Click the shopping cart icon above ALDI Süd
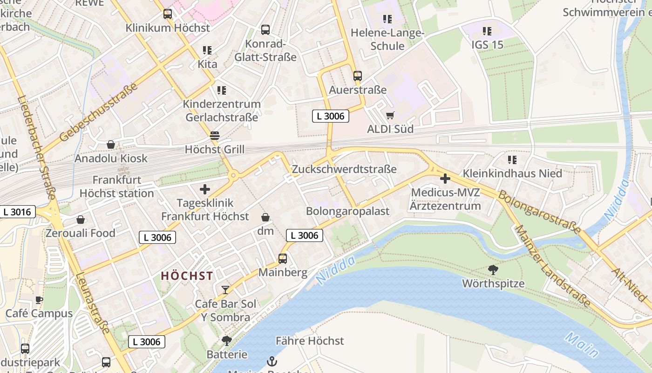390,115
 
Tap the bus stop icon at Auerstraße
357,76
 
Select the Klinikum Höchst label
168,28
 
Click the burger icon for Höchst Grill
214,136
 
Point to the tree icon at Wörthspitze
493,269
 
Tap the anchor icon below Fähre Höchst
271,361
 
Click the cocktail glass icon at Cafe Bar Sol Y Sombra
225,290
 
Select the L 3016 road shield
17,212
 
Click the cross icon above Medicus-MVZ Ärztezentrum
445,178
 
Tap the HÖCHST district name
187,276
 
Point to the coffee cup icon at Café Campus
39,300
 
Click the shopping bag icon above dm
265,217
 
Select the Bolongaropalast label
347,211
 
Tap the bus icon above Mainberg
282,258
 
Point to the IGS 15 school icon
487,31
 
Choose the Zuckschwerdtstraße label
344,169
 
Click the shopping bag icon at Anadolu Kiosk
111,145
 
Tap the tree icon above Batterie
227,341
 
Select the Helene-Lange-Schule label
387,40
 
